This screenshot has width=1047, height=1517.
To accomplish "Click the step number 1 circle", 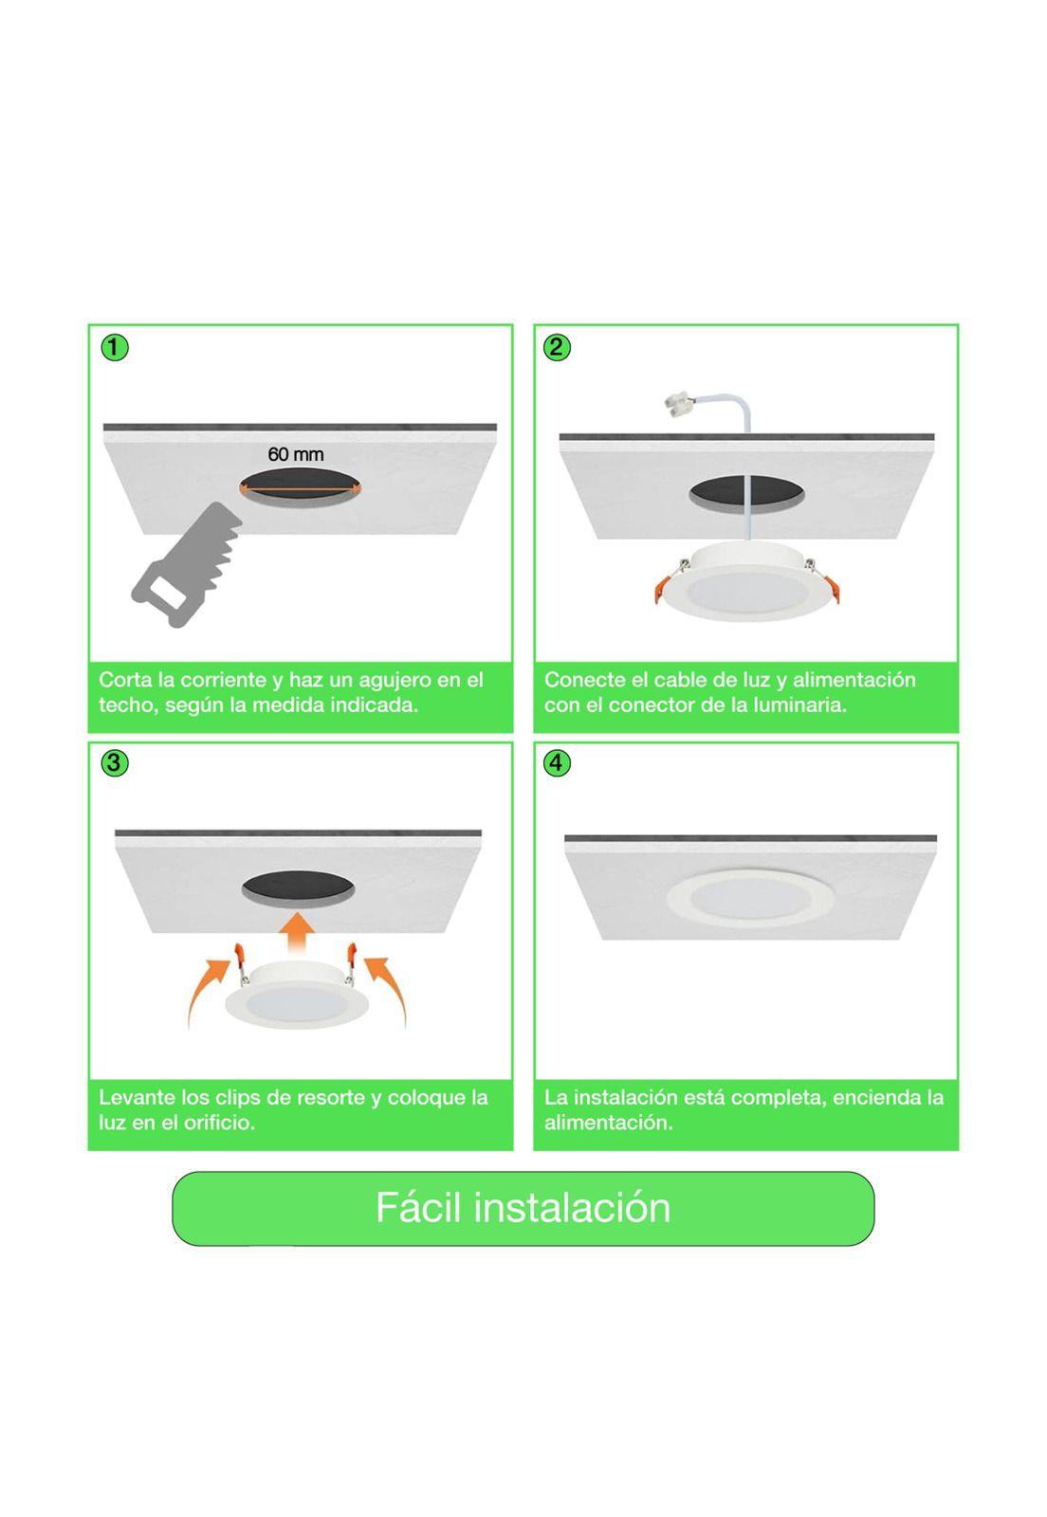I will (114, 348).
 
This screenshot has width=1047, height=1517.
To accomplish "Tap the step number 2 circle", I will (558, 348).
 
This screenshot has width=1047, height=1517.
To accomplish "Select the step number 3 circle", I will (114, 763).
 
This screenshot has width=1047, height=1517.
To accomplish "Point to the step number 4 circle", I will (558, 763).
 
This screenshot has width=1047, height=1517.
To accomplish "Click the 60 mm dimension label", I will (295, 454).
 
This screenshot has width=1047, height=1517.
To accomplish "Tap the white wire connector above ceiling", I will (681, 408).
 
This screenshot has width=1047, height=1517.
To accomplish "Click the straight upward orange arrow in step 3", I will (301, 931).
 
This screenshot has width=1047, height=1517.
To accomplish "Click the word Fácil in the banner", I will (417, 1208).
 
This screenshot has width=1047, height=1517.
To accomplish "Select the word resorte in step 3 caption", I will (331, 1098).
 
